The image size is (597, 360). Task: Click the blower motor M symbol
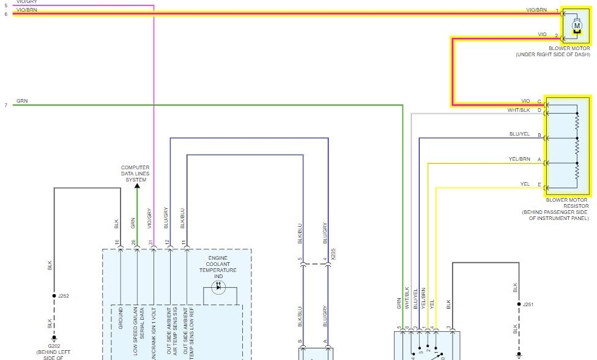[576, 26]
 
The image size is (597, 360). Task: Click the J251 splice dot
[518, 304]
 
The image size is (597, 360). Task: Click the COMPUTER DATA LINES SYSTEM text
[135, 174]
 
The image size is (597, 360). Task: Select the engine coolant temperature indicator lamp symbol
[218, 287]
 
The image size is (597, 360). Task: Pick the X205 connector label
[333, 254]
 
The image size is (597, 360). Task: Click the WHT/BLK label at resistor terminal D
[519, 110]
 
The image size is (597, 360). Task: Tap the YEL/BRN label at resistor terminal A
[519, 159]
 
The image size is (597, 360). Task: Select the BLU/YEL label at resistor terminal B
[519, 134]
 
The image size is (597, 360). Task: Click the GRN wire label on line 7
[22, 101]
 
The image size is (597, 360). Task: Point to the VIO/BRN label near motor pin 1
[536, 10]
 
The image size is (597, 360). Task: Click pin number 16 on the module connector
[117, 243]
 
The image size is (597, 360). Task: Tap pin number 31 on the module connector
[151, 243]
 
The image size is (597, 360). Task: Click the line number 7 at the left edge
[6, 105]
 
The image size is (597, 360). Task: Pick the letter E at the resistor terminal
[539, 185]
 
